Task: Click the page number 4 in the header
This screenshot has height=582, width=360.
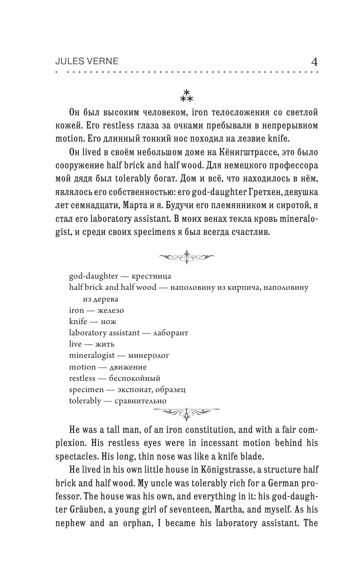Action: tap(315, 61)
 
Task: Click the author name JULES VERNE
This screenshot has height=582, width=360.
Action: tap(87, 62)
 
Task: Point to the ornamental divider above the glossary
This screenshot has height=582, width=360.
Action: tap(187, 257)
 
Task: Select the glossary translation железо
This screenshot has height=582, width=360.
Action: tap(108, 310)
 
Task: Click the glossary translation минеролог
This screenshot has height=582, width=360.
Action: tap(149, 355)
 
